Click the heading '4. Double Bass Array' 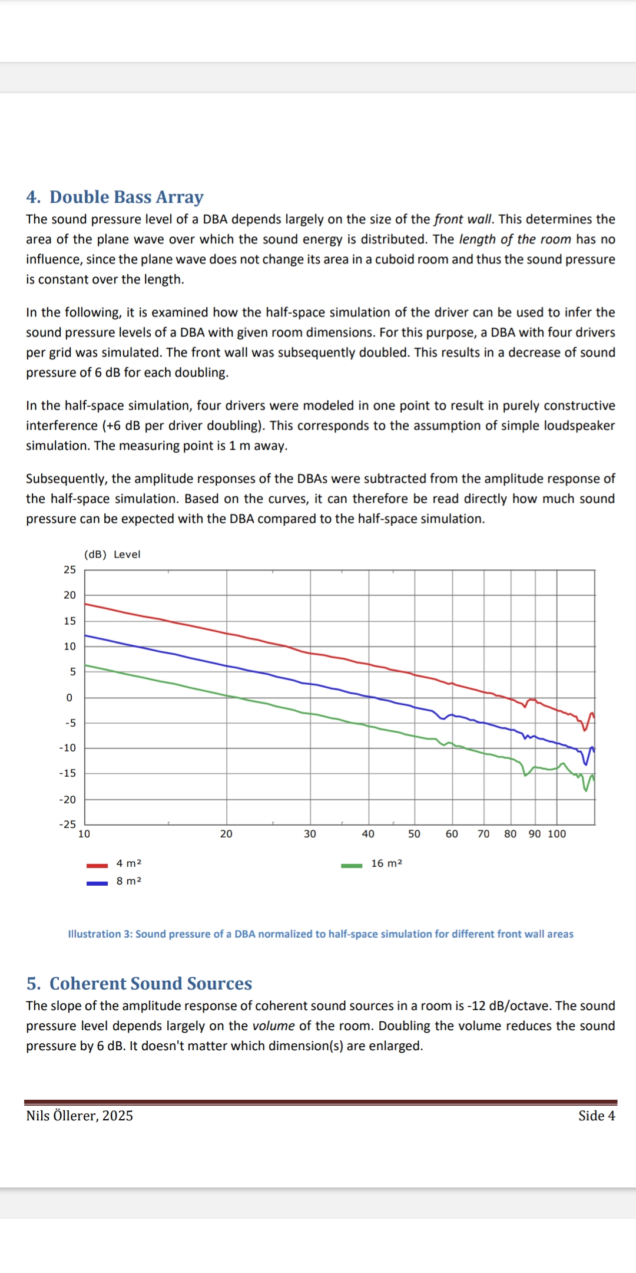115,197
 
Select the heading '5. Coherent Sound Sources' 139,984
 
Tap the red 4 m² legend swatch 97,866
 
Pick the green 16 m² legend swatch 352,866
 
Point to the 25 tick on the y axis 69,570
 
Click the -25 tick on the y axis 68,825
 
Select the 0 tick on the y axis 69,698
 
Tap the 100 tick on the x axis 556,834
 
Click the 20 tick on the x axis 226,834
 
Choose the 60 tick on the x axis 452,834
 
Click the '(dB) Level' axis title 112,555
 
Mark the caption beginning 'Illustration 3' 320,934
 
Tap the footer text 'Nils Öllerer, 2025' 79,1116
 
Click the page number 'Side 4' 597,1116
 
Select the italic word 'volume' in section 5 273,1026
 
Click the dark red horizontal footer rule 320,1102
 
